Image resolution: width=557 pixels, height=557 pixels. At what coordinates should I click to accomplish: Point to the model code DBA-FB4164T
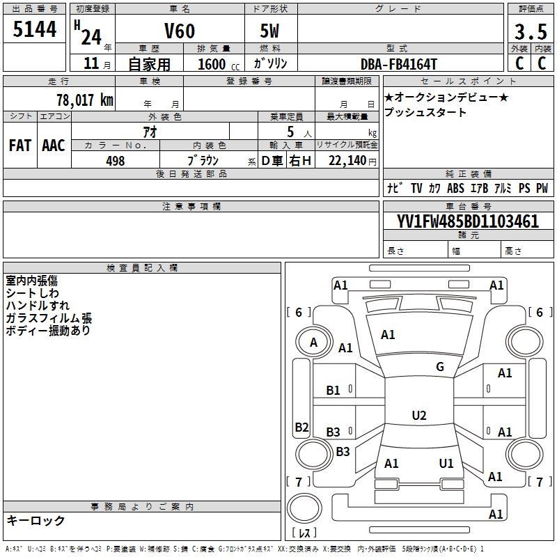point(399,63)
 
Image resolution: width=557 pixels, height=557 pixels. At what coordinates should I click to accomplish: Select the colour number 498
point(115,161)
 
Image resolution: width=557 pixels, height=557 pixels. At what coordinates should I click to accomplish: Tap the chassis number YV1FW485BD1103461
point(468,221)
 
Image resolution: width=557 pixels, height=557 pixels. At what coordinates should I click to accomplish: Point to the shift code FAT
point(19,146)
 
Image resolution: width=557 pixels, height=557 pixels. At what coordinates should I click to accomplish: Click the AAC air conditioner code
point(53,146)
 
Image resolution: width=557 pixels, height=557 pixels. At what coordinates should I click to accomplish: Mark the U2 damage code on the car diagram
point(418,416)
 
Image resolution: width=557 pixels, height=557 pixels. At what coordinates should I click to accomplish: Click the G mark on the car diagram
point(440,367)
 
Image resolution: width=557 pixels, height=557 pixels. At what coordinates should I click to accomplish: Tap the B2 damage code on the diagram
point(301,427)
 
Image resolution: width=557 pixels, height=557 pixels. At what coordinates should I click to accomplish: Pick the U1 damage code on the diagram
point(446,463)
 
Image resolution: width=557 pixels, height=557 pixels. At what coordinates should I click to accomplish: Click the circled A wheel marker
point(313,342)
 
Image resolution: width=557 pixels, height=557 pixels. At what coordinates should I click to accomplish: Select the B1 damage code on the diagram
point(334,391)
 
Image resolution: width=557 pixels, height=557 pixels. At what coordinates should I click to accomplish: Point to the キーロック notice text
point(36,520)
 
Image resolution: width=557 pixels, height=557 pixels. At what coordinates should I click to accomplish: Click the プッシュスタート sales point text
point(425,112)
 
